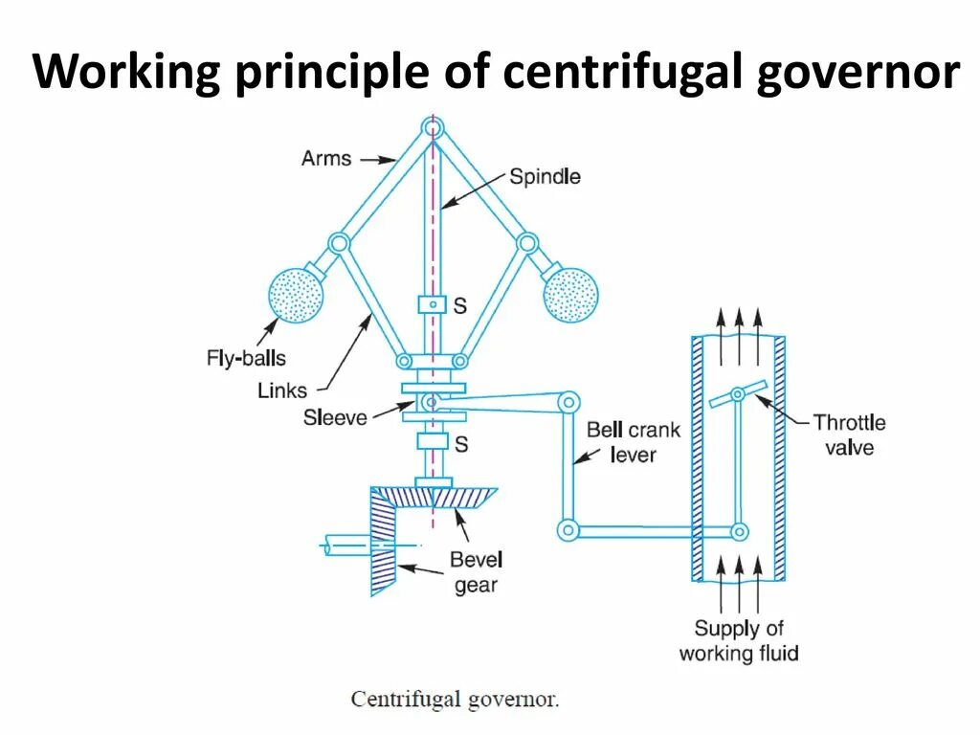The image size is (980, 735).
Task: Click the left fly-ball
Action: coord(297,294)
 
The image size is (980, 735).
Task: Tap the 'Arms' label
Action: coord(326,159)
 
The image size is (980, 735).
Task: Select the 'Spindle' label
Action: coord(545,176)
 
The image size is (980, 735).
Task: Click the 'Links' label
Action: coord(282,390)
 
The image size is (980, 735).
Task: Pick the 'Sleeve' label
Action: coord(335,417)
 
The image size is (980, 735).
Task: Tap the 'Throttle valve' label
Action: coord(849,434)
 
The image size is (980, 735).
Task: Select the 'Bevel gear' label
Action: coord(477,571)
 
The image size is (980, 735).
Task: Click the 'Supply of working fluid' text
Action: coord(739,640)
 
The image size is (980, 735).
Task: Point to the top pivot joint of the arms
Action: coord(434,127)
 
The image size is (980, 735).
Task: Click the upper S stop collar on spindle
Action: coord(433,305)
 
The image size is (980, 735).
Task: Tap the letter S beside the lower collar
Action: coord(460,444)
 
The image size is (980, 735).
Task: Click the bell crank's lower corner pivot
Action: coord(567,529)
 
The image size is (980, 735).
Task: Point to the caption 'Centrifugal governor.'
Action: coord(455,700)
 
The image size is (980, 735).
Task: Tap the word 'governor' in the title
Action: coord(857,74)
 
